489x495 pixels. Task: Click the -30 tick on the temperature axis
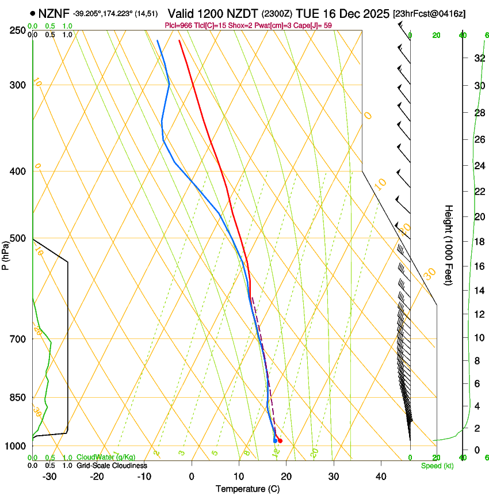pos(49,477)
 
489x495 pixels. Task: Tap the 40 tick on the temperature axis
pos(381,477)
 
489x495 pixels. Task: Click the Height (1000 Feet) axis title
pos(449,245)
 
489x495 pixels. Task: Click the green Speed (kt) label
pos(437,466)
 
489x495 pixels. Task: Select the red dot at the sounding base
pos(280,441)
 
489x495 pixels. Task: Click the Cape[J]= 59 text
pos(313,25)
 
